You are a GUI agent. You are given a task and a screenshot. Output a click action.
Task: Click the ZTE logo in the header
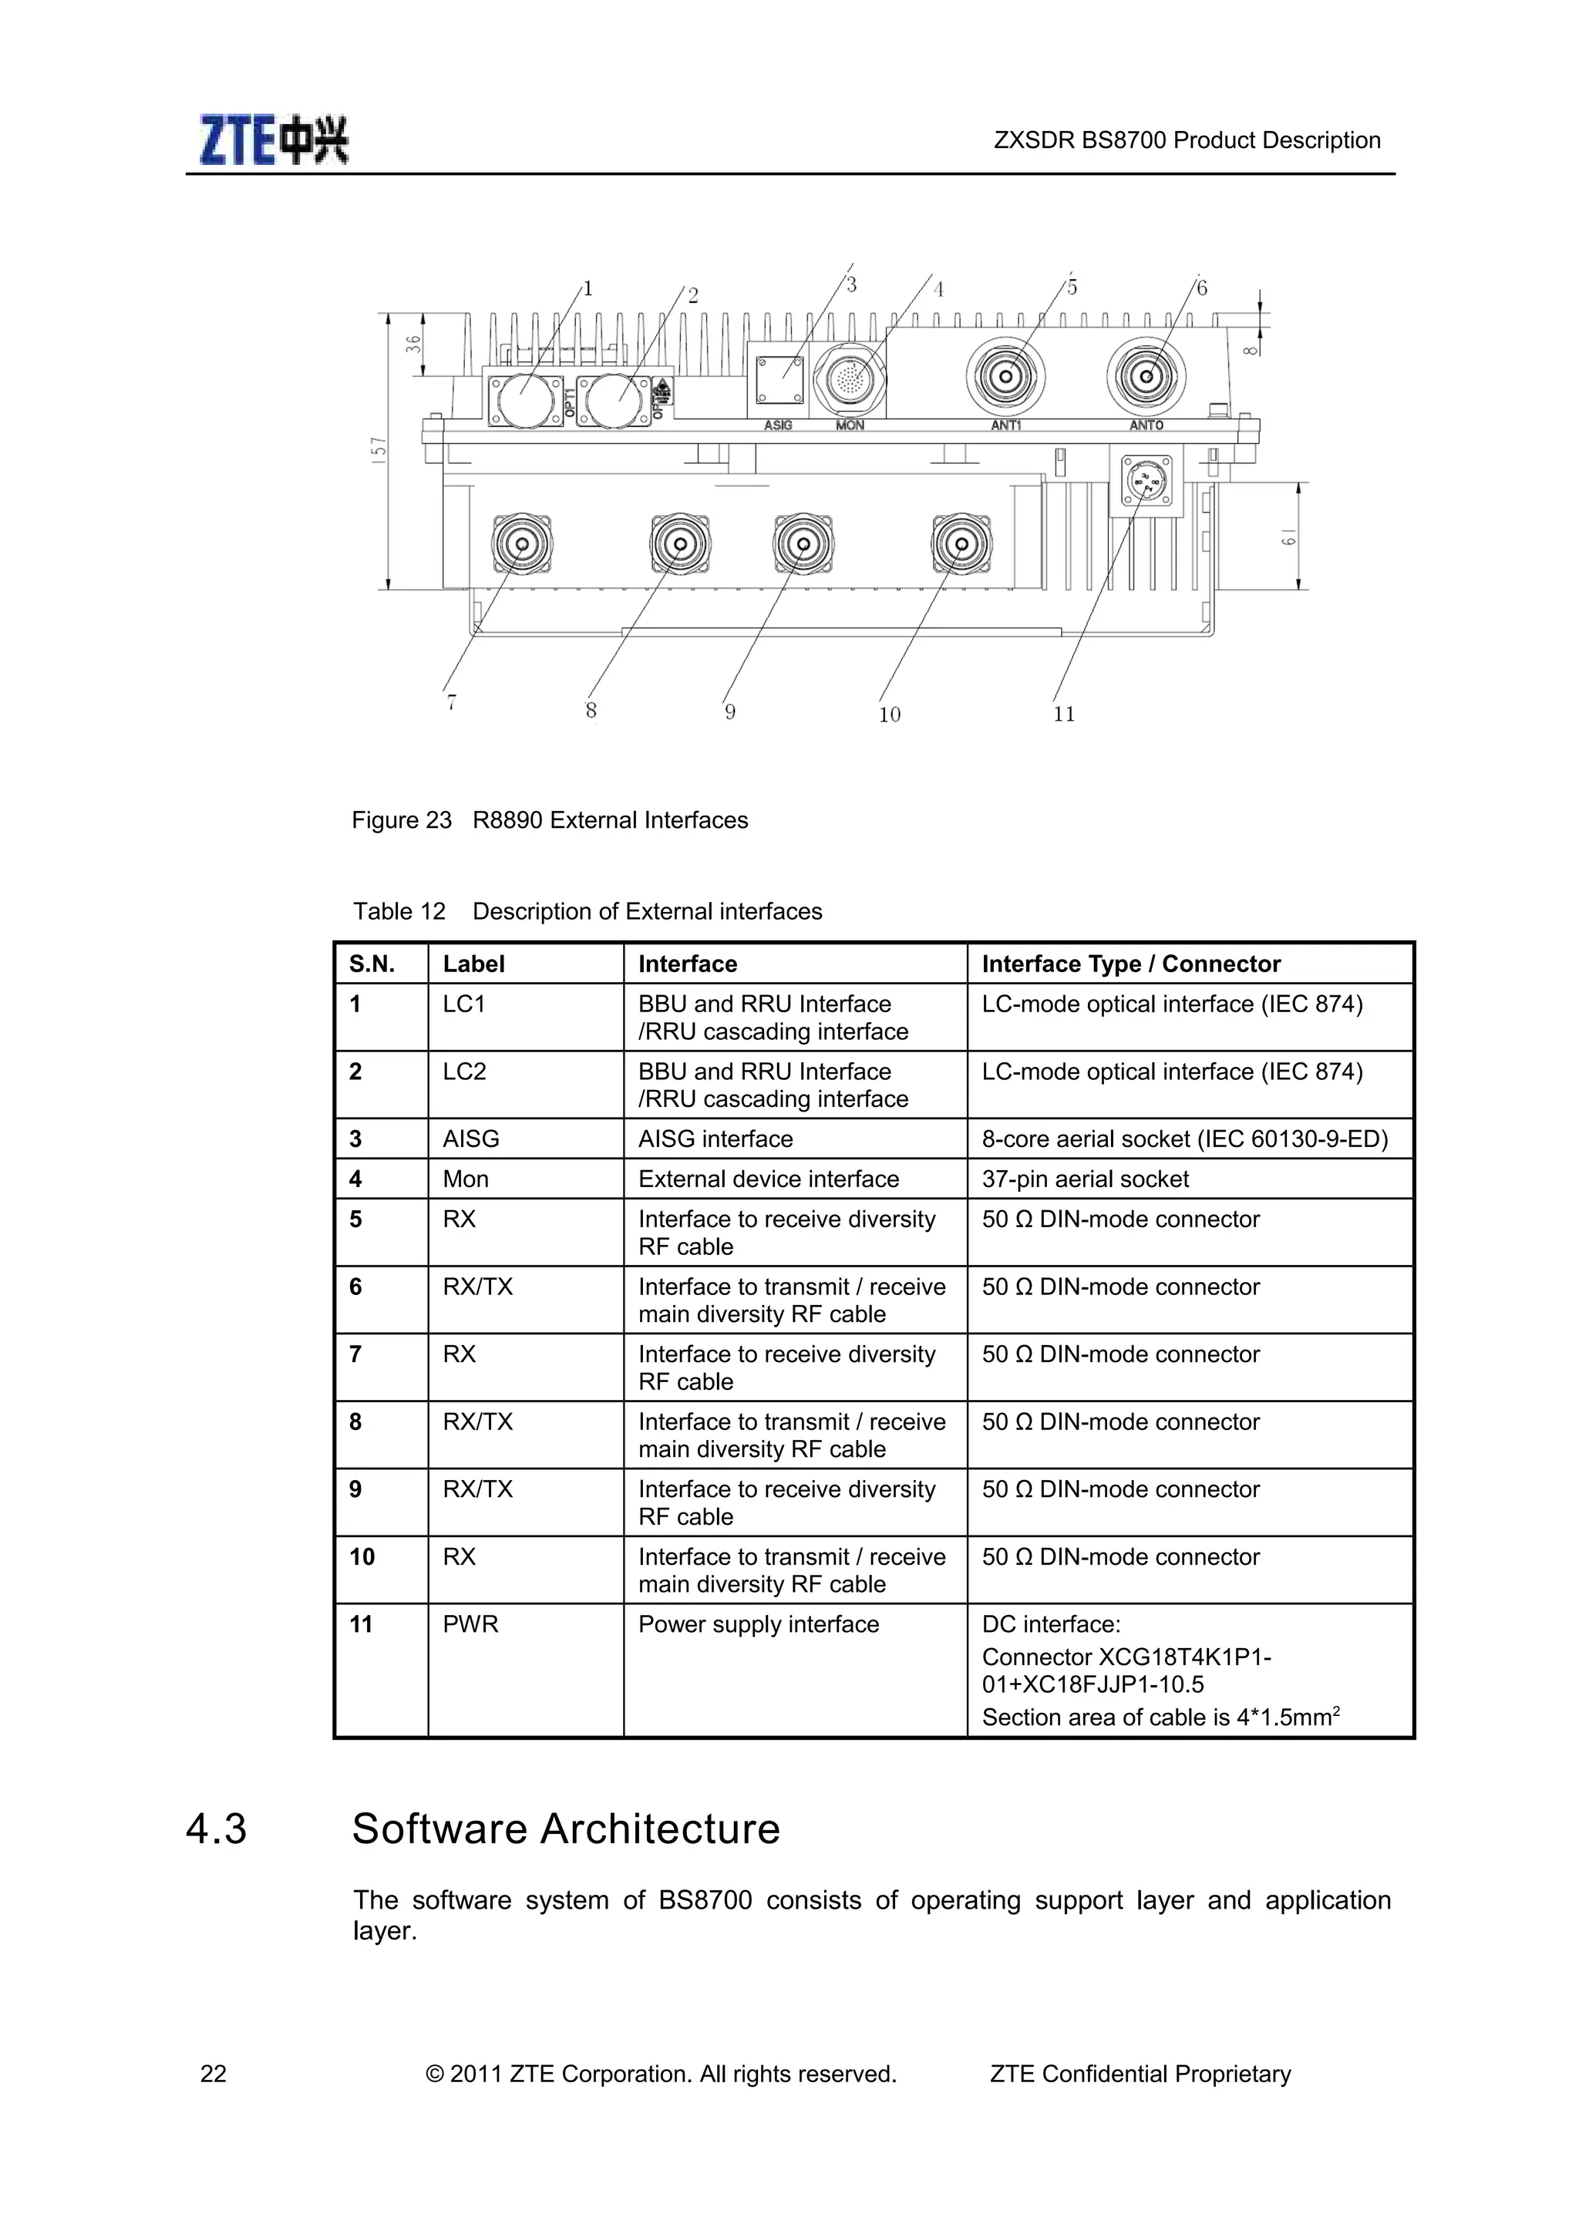274,140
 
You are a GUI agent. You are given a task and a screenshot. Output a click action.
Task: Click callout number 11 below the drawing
1063,714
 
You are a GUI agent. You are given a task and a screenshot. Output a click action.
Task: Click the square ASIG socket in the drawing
780,379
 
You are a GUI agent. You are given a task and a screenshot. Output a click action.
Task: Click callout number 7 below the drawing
452,702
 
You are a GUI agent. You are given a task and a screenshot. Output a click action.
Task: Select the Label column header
474,964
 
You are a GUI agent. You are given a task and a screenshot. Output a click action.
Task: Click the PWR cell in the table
471,1624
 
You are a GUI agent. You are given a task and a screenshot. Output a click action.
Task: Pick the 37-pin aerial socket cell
1085,1179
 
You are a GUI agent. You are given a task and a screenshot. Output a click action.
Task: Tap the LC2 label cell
464,1072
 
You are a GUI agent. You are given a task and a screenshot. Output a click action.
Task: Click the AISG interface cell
715,1139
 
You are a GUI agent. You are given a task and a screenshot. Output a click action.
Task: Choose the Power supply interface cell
758,1624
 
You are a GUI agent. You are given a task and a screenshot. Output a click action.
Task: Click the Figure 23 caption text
550,820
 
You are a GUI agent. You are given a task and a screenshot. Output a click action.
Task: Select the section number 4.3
216,1829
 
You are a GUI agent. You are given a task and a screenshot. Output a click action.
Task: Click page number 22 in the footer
213,2074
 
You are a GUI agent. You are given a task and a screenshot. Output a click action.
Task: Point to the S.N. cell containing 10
362,1557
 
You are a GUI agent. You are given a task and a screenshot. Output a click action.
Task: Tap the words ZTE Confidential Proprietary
1140,2074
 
